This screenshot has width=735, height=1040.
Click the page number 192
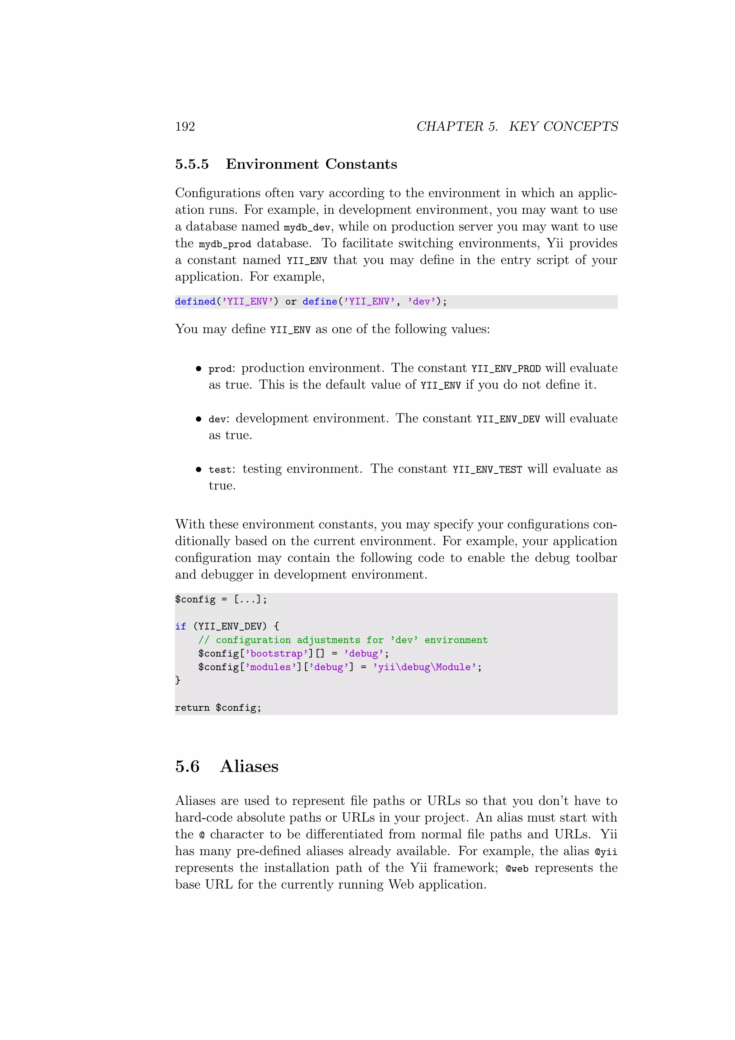coord(185,126)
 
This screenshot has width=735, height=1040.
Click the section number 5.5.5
coord(192,164)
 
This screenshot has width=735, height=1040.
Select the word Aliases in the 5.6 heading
coord(249,766)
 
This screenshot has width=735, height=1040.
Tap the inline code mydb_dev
coord(307,227)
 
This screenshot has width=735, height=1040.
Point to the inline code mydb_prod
coord(225,244)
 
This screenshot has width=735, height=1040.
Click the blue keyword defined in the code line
coord(195,302)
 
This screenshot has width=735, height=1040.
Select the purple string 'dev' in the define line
coord(421,302)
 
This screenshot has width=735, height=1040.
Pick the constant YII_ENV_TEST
coord(487,470)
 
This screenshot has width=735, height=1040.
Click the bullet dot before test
coord(198,470)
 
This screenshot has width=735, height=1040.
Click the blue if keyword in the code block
coord(180,626)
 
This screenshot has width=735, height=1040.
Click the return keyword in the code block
coord(192,707)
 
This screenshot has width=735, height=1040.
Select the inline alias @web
coord(517,869)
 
